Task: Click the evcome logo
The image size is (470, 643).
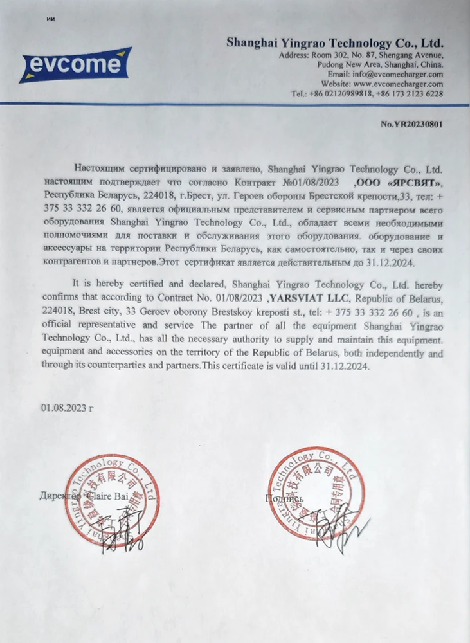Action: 75,65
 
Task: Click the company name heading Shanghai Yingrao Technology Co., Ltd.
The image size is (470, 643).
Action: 334,43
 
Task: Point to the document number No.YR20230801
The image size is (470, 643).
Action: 411,123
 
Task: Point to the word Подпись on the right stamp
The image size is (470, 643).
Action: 283,498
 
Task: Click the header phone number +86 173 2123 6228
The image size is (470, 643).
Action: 411,93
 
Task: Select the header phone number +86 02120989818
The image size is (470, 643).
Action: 339,93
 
